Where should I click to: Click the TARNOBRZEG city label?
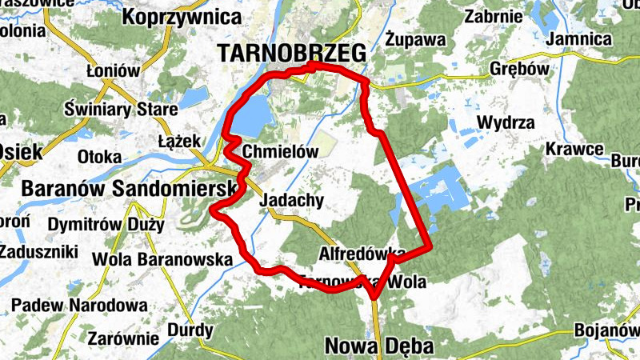291,53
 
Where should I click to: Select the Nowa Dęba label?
379,346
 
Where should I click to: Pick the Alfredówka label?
361,254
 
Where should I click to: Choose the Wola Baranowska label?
162,259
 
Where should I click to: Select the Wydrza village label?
506,122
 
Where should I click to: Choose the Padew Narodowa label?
79,305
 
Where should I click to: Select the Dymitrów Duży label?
106,225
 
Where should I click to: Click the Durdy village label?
190,330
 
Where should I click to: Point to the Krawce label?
574,149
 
